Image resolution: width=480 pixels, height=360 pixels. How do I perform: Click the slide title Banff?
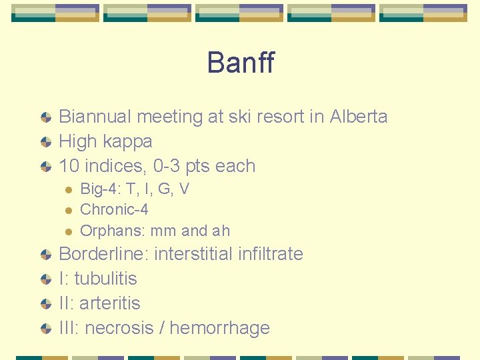[240, 63]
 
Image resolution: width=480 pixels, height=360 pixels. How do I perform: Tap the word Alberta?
[358, 117]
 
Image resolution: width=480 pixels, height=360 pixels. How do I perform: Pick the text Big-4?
[97, 189]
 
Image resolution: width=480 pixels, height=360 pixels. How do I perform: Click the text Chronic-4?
[114, 209]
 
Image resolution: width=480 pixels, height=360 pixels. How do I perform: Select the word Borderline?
[104, 254]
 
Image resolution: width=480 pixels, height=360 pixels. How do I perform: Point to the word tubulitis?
[106, 279]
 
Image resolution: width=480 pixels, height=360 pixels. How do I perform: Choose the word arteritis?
[110, 303]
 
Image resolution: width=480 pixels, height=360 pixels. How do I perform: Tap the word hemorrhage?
[220, 328]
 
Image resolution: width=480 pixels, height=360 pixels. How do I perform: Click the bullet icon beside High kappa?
[45, 142]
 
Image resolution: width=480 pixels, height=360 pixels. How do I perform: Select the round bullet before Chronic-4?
[67, 210]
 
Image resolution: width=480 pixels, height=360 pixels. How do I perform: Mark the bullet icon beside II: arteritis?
[45, 304]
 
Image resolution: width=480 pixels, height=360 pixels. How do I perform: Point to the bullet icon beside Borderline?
[45, 255]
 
